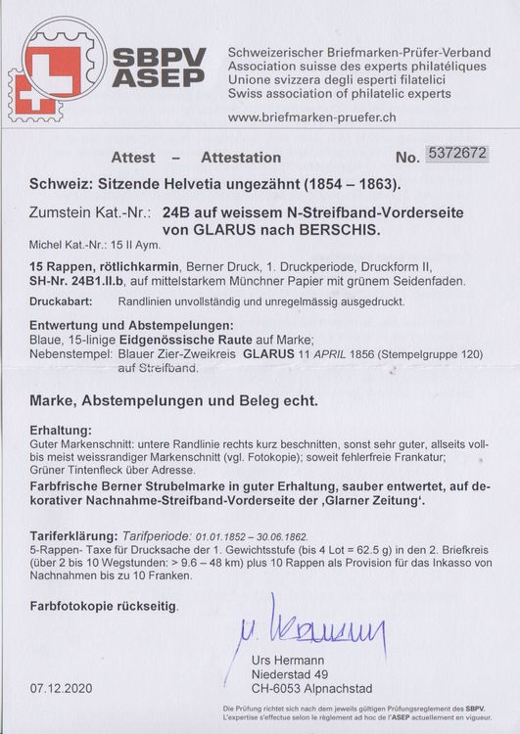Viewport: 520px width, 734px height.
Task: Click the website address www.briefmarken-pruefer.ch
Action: pyautogui.click(x=311, y=117)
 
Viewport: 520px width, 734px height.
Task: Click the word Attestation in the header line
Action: pyautogui.click(x=241, y=157)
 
